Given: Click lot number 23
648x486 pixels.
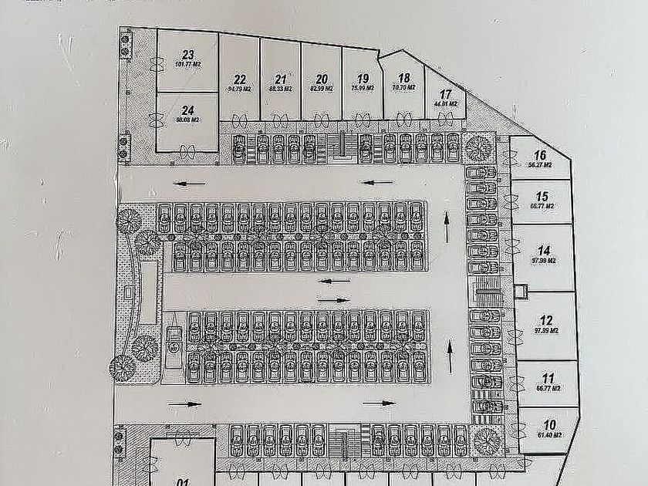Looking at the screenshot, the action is [x=187, y=55].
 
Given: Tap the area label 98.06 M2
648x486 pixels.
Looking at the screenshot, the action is [x=187, y=120].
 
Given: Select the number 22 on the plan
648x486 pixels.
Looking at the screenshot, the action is [x=240, y=79].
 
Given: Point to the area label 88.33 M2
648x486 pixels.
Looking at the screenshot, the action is [x=281, y=89].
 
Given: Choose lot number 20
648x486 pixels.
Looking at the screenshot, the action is [x=322, y=79].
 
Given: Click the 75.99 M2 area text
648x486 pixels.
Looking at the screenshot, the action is [x=363, y=89].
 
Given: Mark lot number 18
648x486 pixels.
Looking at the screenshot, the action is [x=403, y=78].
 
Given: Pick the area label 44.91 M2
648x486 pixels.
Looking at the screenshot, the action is [x=446, y=103].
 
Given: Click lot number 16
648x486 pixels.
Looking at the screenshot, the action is [x=540, y=154].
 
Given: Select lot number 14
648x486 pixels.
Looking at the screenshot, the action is [x=545, y=250].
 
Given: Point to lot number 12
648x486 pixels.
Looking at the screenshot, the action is [x=547, y=320].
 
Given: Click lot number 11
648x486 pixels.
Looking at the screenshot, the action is [x=548, y=379].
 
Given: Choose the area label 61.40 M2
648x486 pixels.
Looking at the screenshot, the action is [x=550, y=435].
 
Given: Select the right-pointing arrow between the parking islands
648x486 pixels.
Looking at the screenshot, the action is [x=332, y=299].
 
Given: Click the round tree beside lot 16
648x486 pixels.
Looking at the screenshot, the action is [x=479, y=145].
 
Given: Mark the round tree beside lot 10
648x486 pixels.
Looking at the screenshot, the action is [x=488, y=440].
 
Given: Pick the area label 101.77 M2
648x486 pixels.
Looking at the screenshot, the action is [x=187, y=65].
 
